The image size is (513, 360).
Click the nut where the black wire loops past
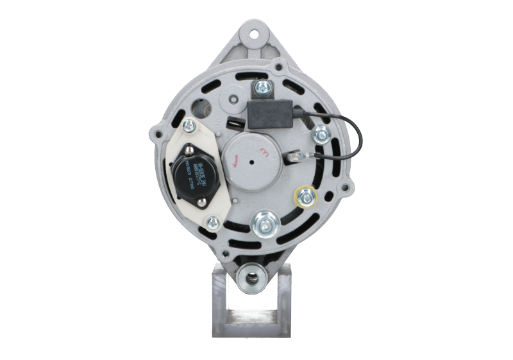coord(319,134)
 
